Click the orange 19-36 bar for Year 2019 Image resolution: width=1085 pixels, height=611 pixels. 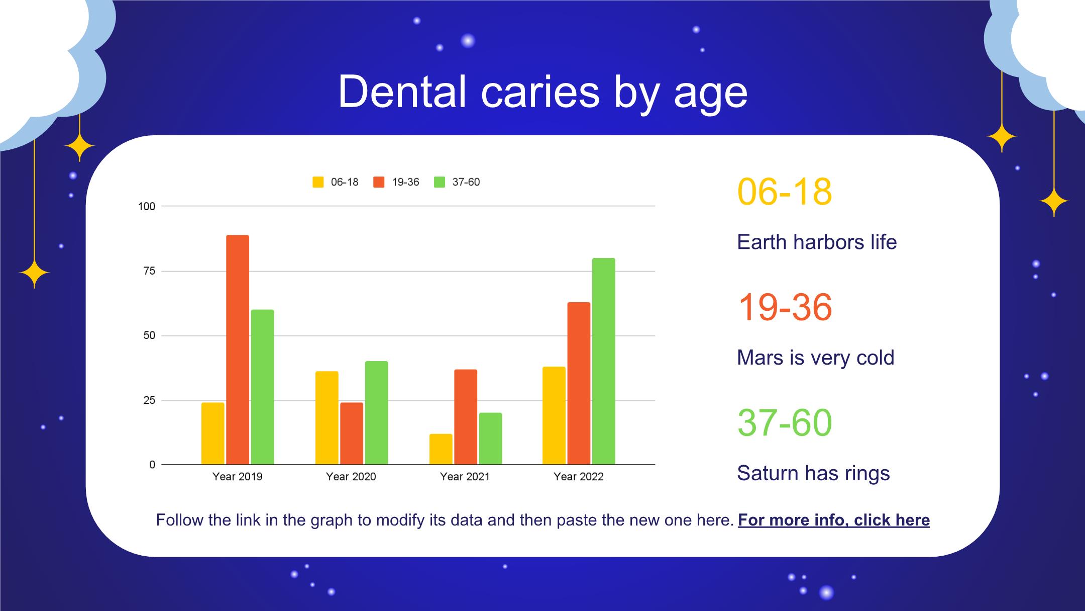[x=238, y=350]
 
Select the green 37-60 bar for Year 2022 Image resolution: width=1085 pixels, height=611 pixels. [x=603, y=361]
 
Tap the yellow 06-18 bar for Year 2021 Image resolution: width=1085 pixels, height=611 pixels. [x=441, y=449]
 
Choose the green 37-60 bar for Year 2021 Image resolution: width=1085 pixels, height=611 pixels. [x=490, y=439]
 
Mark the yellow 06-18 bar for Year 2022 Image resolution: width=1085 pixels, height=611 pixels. [x=554, y=415]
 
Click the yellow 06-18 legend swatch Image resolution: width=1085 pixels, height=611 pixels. [x=318, y=182]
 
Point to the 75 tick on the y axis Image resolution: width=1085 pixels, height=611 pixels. [x=149, y=271]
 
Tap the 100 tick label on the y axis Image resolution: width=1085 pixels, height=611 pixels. [x=147, y=206]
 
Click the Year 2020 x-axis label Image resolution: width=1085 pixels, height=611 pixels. [x=351, y=477]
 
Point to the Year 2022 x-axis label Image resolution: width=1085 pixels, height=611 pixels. [x=578, y=477]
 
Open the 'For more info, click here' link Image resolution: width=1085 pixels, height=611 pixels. [x=833, y=520]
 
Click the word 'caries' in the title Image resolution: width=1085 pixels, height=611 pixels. [x=540, y=92]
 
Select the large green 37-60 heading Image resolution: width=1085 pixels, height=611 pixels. [x=784, y=423]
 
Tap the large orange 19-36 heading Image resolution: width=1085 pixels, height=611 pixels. [x=784, y=307]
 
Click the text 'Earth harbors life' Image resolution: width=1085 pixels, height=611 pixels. [x=816, y=242]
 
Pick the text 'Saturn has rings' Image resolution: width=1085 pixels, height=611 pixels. [x=813, y=473]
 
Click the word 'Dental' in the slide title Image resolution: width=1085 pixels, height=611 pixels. [x=402, y=92]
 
